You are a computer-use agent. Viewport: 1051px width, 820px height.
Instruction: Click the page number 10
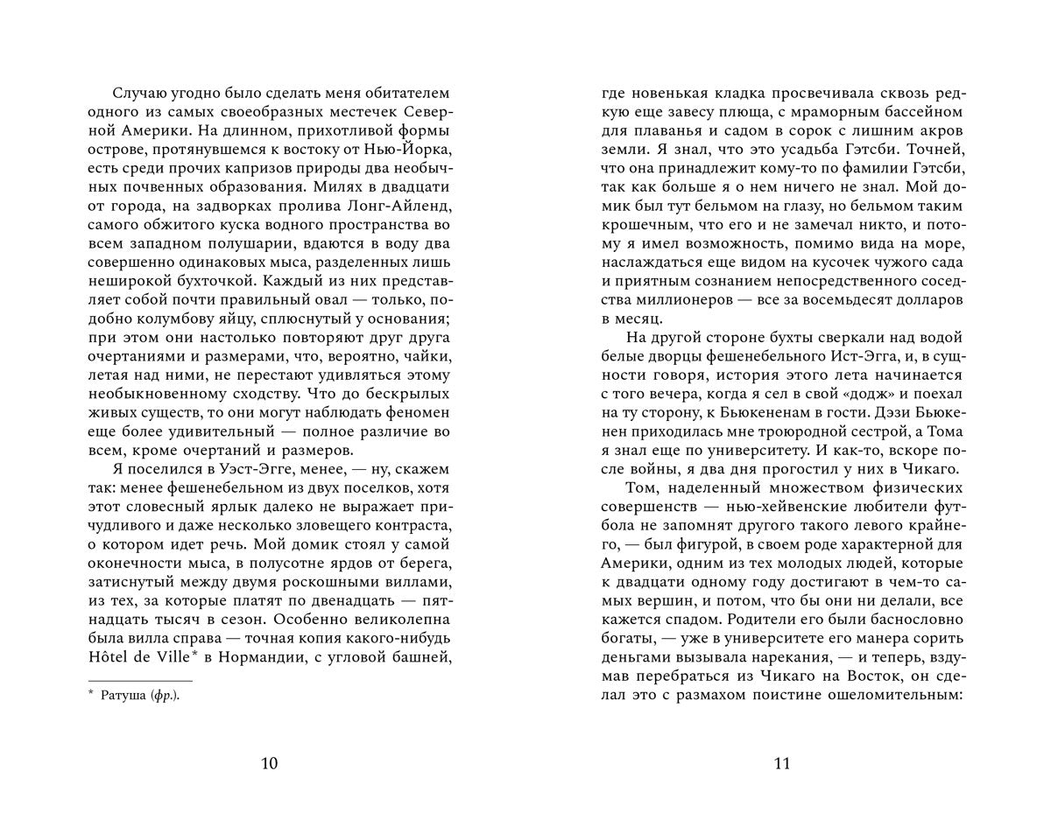270,763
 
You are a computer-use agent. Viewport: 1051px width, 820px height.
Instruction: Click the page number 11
782,763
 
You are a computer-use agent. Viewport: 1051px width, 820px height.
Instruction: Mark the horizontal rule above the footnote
140,680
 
